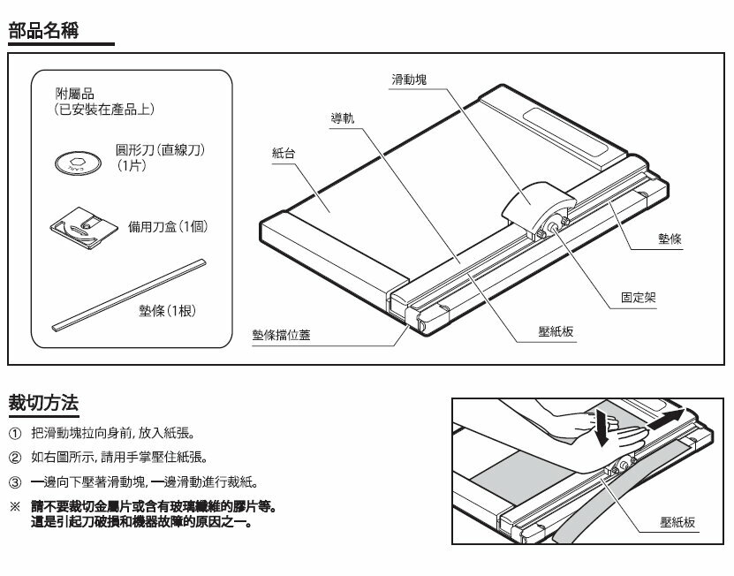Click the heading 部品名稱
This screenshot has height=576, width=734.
(x=45, y=32)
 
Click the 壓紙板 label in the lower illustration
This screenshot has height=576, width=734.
(x=677, y=522)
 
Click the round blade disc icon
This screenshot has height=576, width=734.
(x=74, y=163)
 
